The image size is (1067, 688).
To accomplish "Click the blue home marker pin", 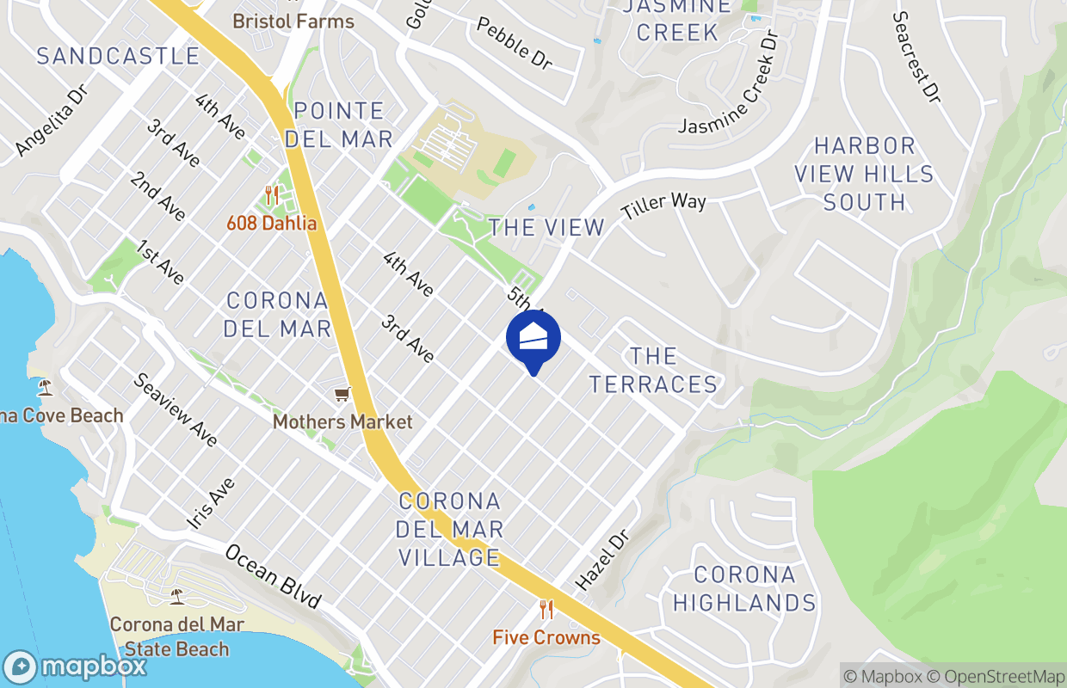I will (533, 339).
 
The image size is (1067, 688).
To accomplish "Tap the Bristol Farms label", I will (293, 21).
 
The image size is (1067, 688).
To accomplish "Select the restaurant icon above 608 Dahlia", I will (272, 195).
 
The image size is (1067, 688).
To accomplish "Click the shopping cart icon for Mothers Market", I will (342, 394).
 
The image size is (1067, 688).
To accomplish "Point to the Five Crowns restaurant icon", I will (546, 610).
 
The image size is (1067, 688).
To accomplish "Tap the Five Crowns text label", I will (546, 637).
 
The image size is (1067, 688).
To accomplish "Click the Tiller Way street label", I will (663, 206).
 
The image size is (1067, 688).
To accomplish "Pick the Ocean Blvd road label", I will (273, 574).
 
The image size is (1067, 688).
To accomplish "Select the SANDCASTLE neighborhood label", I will (118, 57).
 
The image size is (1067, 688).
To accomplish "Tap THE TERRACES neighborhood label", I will (653, 370).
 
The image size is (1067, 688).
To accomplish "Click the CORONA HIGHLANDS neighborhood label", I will (743, 589).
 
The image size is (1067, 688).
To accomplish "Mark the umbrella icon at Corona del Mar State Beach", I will (176, 596).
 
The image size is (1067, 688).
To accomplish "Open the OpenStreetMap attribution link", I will (1002, 677).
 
